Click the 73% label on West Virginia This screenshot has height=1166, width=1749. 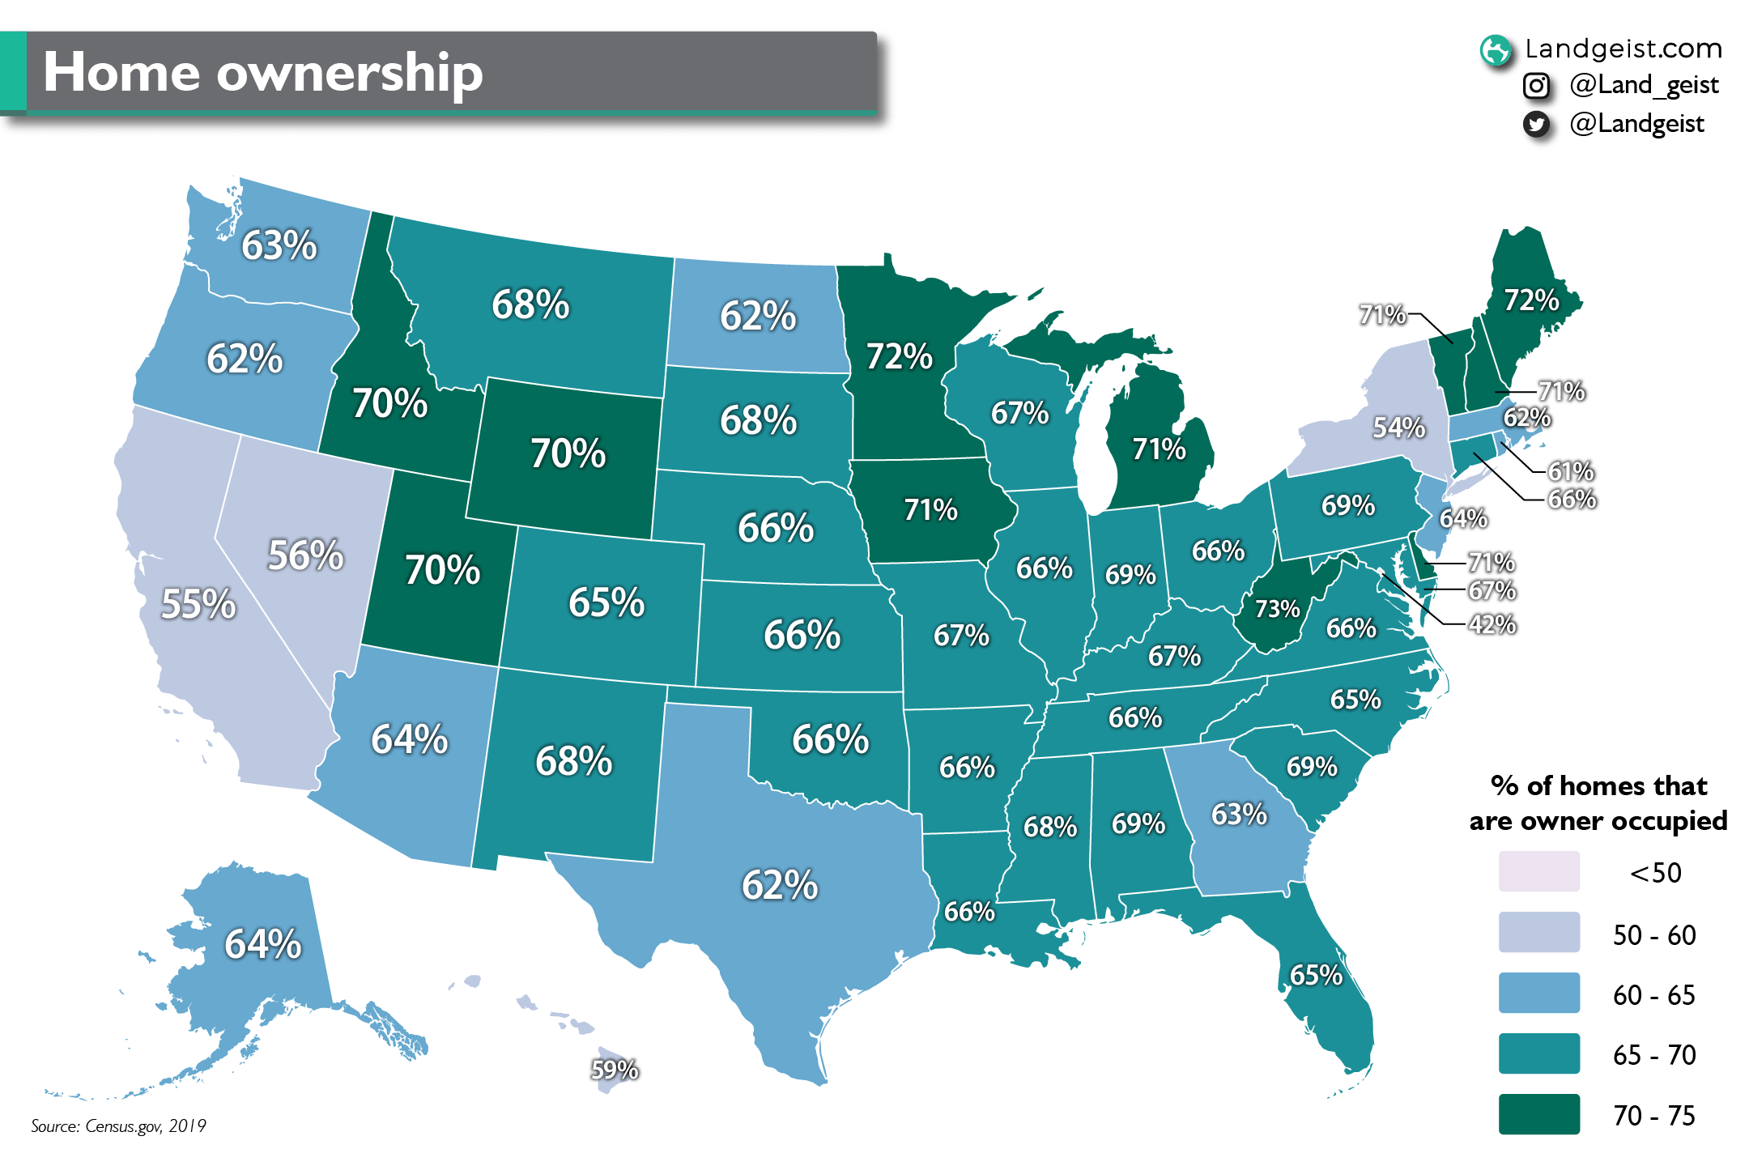(x=1277, y=609)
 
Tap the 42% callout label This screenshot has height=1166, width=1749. (x=1492, y=624)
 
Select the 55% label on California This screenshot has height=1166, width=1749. (x=198, y=604)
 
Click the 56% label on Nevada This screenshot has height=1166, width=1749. (x=305, y=555)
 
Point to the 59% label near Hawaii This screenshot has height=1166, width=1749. (x=615, y=1070)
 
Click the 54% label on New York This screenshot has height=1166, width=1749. (x=1398, y=427)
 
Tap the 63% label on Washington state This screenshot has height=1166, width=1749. (x=279, y=245)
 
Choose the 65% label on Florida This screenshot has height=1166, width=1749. (x=1316, y=975)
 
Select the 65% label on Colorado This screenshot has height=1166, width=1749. (x=606, y=602)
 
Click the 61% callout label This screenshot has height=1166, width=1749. (x=1571, y=471)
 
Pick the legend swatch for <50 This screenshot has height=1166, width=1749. (x=1538, y=872)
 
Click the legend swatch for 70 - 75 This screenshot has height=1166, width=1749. (x=1538, y=1114)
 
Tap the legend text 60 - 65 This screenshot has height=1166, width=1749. (x=1653, y=995)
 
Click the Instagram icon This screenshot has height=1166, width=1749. (x=1536, y=85)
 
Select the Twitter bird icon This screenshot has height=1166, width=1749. (x=1536, y=124)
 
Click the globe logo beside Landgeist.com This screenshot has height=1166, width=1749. (x=1495, y=50)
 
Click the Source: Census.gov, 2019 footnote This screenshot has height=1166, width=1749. (x=118, y=1126)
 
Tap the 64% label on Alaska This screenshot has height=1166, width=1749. (x=262, y=944)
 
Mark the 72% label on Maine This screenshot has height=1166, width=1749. (x=1530, y=300)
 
